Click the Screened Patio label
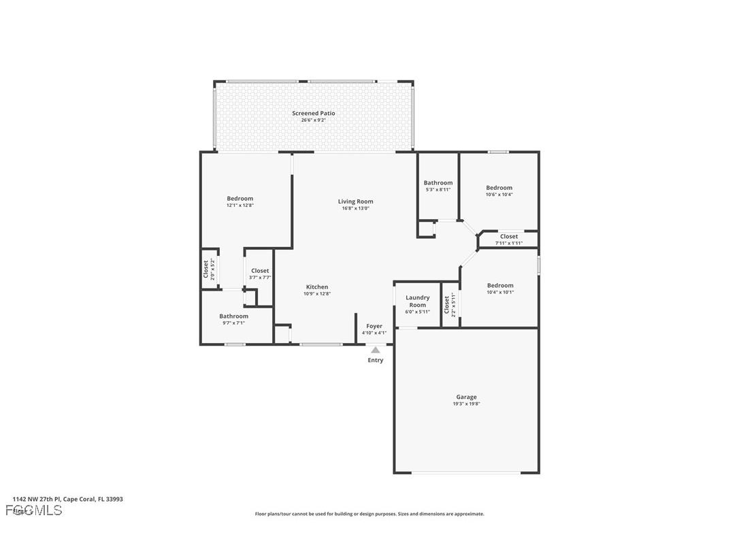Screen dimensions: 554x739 tap(313, 113)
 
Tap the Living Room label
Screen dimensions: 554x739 tap(355, 201)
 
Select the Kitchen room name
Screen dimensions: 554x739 tap(316, 287)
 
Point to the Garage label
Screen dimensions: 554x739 tap(466, 397)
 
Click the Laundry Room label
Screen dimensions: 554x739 tap(417, 302)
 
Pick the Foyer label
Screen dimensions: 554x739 tap(374, 327)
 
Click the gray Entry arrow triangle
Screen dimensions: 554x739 tap(375, 350)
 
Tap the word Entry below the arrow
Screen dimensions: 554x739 tap(375, 360)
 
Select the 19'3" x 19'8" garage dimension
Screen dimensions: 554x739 tap(466, 404)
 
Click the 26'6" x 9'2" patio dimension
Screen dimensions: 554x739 tap(313, 120)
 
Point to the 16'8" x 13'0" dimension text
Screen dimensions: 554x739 tap(355, 209)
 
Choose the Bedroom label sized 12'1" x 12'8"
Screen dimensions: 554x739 tap(240, 199)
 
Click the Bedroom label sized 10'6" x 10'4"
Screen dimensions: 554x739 tap(499, 188)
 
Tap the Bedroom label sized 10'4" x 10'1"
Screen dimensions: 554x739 tap(499, 286)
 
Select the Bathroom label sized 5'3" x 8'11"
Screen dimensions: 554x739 tap(438, 182)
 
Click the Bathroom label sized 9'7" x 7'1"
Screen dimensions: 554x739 tap(233, 316)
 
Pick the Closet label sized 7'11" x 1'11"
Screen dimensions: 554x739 tap(508, 236)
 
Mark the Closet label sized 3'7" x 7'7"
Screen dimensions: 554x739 tap(259, 271)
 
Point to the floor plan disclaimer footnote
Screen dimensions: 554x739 tap(369, 514)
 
